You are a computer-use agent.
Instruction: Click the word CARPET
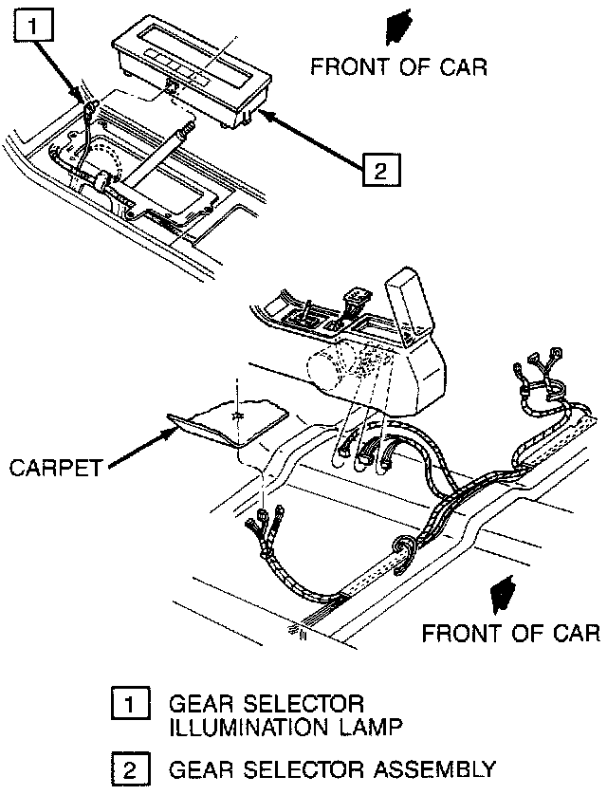tap(53, 468)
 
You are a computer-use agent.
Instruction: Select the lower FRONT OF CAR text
tap(510, 633)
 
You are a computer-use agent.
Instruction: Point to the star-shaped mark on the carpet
tap(236, 414)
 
